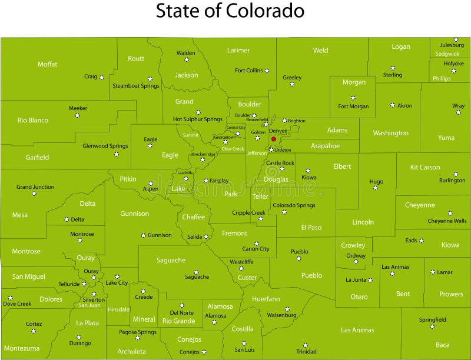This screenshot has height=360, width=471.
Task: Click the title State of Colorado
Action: click(x=230, y=11)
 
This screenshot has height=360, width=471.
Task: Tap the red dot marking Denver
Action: click(x=274, y=139)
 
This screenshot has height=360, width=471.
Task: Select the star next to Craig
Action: click(x=102, y=77)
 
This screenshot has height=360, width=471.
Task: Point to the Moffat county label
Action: click(x=48, y=64)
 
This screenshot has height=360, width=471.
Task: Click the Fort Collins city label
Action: click(x=248, y=71)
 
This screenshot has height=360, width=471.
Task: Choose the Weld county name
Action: click(x=321, y=51)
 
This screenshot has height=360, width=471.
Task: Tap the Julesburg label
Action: click(x=452, y=45)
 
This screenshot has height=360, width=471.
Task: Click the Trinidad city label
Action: click(x=306, y=352)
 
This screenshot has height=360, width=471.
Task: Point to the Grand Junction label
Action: click(x=35, y=187)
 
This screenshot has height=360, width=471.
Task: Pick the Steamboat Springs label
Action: click(x=136, y=86)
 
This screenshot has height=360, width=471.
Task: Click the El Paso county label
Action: click(x=311, y=227)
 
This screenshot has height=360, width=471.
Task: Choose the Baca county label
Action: click(x=443, y=345)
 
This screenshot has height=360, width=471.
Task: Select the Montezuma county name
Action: click(x=22, y=348)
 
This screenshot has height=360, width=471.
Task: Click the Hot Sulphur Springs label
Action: click(x=198, y=119)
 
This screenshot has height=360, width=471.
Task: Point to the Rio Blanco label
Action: click(x=33, y=120)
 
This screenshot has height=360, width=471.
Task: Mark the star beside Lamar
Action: click(x=433, y=272)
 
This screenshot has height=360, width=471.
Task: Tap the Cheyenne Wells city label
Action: click(x=447, y=221)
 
